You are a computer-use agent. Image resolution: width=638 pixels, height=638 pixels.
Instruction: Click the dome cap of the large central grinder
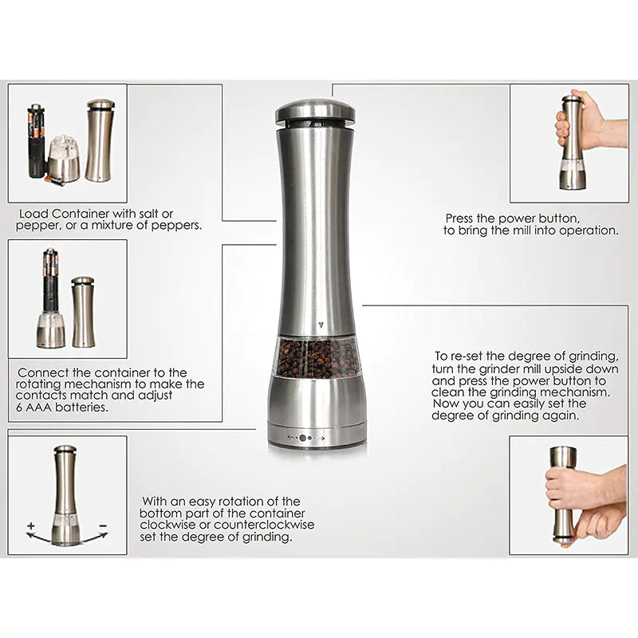[x=317, y=112]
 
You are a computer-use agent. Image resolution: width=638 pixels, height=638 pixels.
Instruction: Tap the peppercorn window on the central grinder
[x=317, y=356]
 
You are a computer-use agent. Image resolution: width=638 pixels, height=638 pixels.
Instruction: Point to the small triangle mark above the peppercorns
[x=320, y=326]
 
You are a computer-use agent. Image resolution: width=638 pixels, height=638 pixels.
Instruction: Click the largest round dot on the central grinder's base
[x=303, y=438]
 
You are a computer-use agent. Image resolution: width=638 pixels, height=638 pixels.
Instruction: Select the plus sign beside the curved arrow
[x=31, y=526]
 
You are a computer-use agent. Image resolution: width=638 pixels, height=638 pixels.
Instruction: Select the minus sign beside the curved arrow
[x=103, y=526]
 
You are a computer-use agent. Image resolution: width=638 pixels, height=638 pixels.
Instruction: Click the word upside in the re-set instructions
[x=577, y=368]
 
